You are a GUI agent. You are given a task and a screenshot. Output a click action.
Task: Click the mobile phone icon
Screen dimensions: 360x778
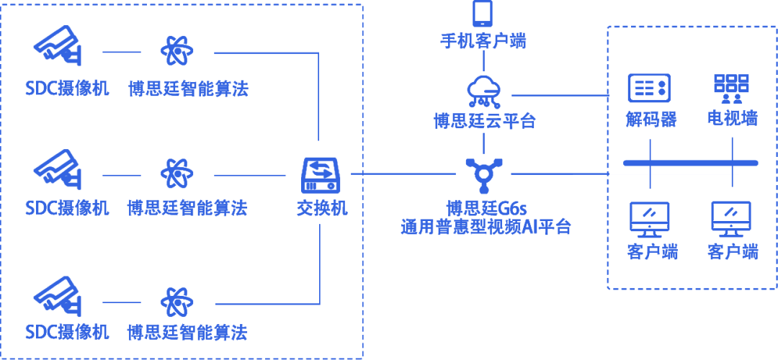click(x=483, y=14)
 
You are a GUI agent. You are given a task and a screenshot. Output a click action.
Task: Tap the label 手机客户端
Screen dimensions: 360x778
click(x=483, y=40)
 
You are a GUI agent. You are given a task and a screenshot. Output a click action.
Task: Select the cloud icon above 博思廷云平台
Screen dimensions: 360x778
click(x=484, y=89)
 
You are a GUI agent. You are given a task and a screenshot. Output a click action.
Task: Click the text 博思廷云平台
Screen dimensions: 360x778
click(x=484, y=120)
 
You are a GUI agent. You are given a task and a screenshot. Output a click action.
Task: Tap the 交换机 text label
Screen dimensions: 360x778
click(x=322, y=208)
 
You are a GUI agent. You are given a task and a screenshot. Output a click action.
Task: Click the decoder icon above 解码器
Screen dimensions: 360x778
click(x=649, y=88)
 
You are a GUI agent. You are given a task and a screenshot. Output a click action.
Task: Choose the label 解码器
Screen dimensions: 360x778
click(x=650, y=119)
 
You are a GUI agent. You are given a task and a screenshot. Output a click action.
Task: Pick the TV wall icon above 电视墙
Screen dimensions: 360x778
click(x=731, y=88)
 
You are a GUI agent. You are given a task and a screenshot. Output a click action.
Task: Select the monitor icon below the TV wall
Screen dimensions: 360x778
click(x=731, y=219)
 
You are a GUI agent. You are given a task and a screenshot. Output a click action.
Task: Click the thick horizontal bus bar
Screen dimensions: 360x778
click(x=690, y=163)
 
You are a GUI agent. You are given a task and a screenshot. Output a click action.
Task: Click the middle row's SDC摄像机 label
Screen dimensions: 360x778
click(x=67, y=209)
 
